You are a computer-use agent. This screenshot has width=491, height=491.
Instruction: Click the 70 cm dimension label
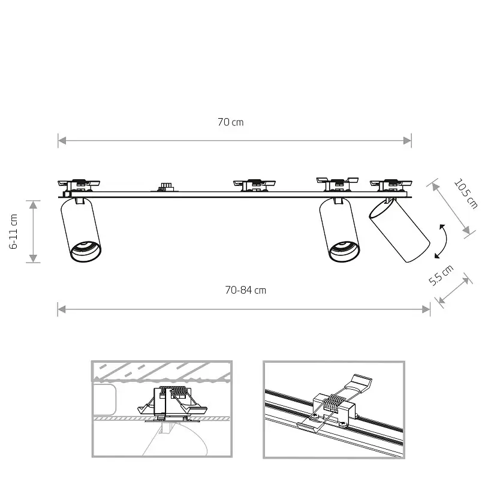tap(230, 122)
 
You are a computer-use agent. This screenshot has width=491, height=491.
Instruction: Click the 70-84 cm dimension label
tap(245, 290)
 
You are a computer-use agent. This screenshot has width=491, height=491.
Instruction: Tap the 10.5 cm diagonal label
tap(466, 194)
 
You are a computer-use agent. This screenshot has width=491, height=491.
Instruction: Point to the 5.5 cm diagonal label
tap(442, 276)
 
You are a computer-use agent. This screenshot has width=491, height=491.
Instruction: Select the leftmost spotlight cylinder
tap(81, 231)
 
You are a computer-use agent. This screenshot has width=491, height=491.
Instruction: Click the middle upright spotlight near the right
tap(339, 231)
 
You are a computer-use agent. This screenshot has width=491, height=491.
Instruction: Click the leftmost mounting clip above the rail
tap(78, 184)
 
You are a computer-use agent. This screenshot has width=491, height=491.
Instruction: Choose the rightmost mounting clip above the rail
tap(391, 183)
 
